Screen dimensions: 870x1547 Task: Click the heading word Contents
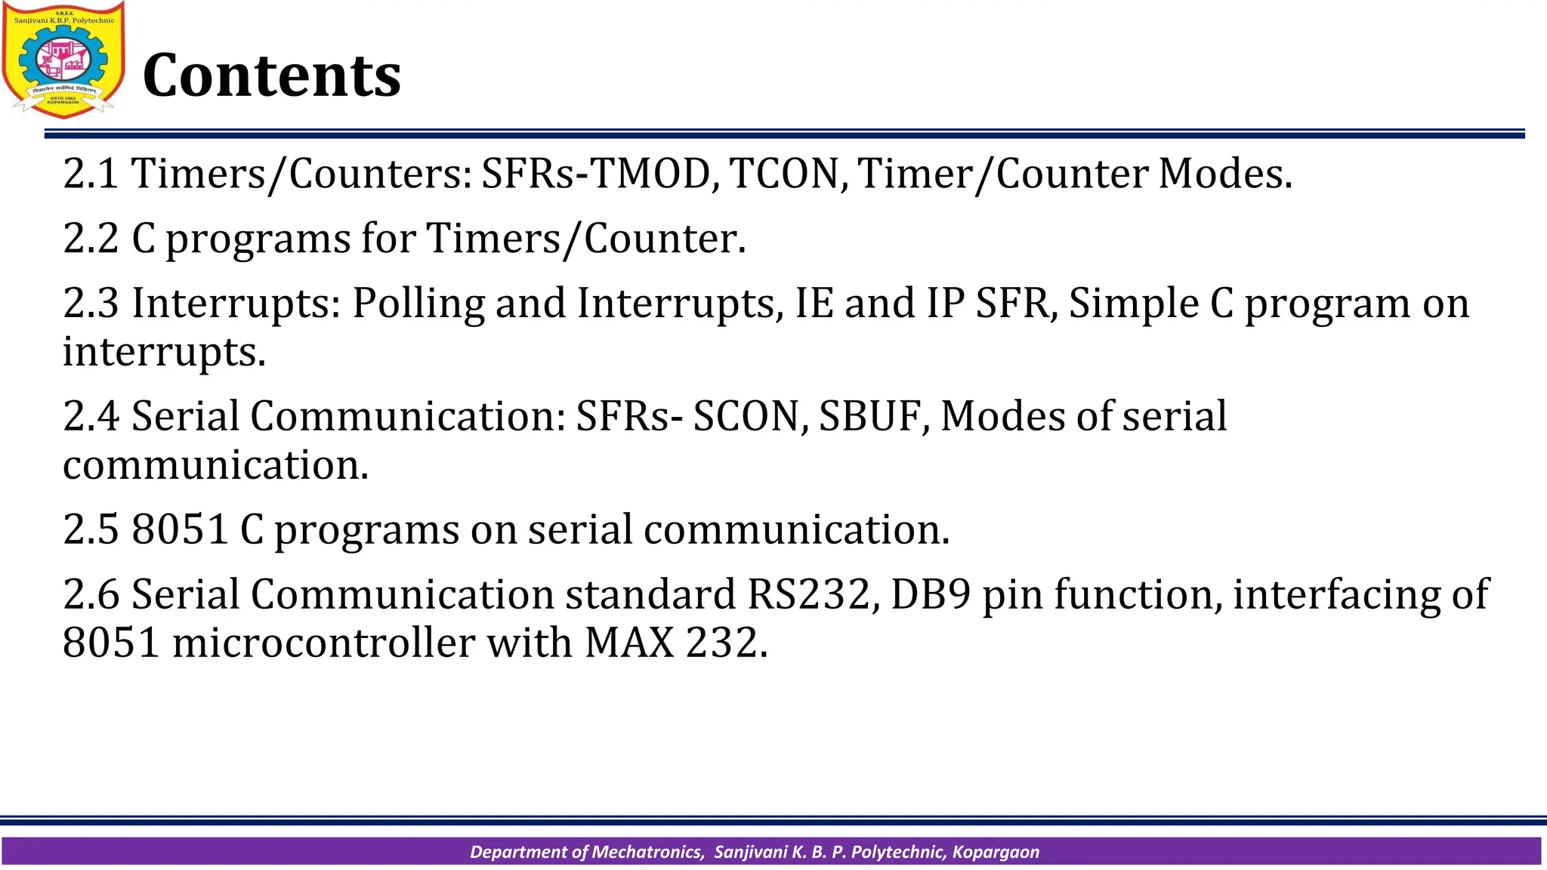point(271,76)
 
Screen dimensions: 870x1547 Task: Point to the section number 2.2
point(91,239)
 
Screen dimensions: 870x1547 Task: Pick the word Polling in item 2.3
point(418,304)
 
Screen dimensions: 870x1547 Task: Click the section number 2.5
point(91,529)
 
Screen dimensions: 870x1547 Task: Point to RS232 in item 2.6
point(809,594)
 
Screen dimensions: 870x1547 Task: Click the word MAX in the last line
point(629,643)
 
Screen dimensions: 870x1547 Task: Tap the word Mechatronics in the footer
point(647,852)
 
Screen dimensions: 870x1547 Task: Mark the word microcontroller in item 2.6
point(323,643)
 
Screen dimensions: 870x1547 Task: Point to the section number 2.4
point(91,416)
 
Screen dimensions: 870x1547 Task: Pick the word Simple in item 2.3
point(1134,304)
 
